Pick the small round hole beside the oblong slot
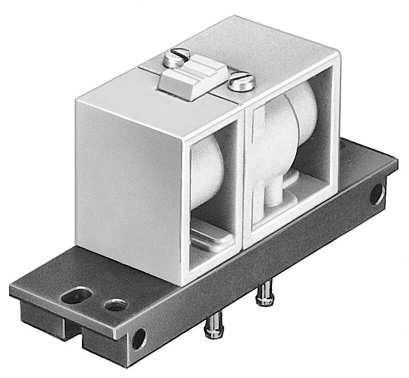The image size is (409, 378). tap(114, 304)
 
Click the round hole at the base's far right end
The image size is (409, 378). tap(377, 195)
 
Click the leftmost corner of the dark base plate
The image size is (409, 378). tap(11, 288)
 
